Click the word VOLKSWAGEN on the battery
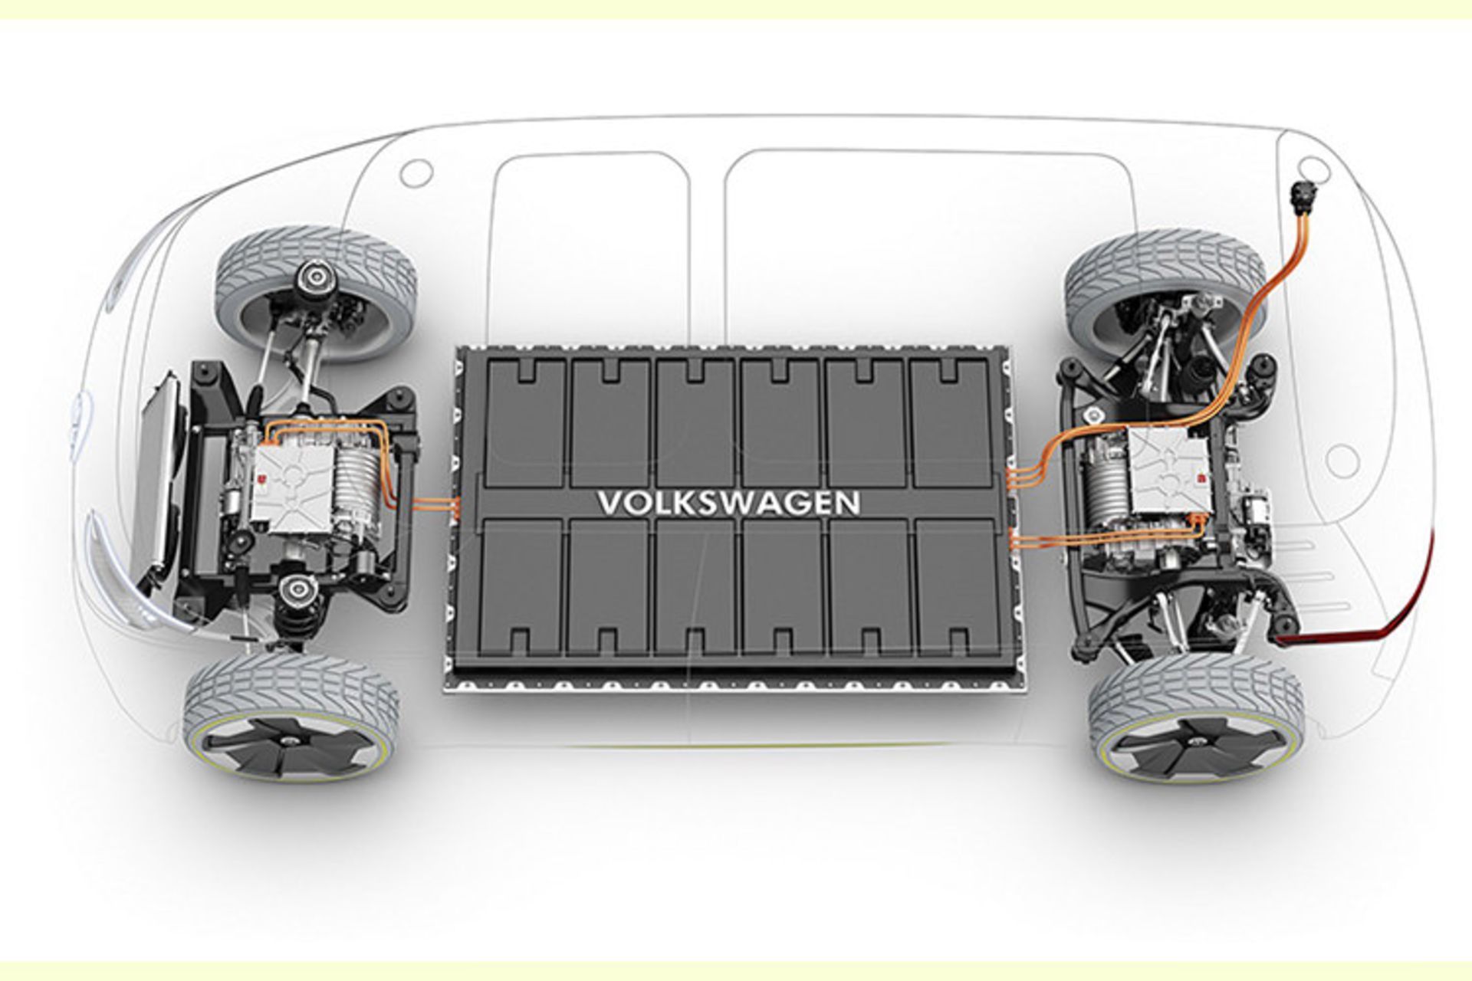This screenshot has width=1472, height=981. coord(728,504)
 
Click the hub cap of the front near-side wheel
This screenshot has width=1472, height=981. coord(291,741)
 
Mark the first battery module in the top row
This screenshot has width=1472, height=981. coord(524,422)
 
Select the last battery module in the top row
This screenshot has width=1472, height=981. coord(951,422)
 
